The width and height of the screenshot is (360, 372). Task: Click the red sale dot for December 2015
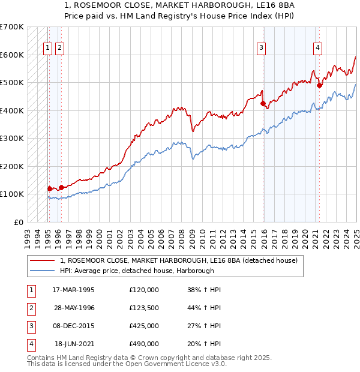[263, 103]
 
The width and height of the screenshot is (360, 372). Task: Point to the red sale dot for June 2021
[320, 85]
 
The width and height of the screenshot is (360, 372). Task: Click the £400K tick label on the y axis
[11, 110]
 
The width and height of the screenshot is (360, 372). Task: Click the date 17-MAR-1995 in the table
[73, 290]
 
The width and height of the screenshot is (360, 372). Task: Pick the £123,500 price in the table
[144, 308]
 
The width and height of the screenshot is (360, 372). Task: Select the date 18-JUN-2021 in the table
[74, 344]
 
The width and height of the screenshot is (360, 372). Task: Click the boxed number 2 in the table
[29, 308]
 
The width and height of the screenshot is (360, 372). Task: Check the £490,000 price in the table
[144, 344]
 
